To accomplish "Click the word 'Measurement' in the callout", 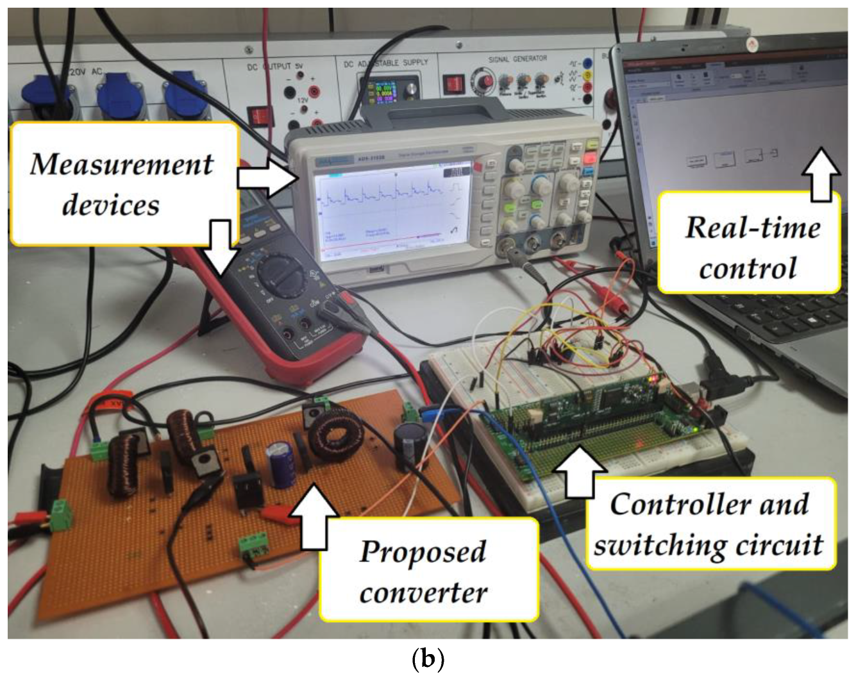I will click(x=122, y=164).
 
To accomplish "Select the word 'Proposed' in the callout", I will click(x=423, y=551).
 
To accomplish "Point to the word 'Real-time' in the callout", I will click(x=753, y=228).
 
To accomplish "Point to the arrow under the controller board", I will click(x=580, y=471).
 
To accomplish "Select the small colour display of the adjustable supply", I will click(x=383, y=94).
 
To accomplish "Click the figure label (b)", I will click(x=427, y=659).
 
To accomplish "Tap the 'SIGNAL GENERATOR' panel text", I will click(x=517, y=59).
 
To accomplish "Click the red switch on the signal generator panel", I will click(x=455, y=84).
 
